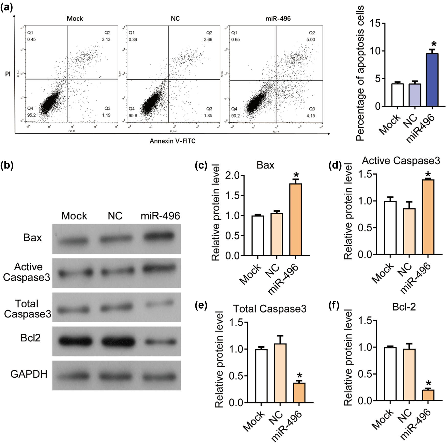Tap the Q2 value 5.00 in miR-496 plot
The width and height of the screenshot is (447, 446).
click(311, 40)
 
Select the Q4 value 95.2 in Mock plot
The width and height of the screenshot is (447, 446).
click(32, 115)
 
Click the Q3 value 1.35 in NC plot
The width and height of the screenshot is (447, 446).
click(208, 116)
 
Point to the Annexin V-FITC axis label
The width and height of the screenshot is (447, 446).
click(172, 141)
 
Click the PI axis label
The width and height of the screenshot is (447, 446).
click(8, 75)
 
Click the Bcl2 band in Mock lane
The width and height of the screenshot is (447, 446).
click(74, 341)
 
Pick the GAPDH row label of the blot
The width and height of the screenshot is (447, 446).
click(29, 374)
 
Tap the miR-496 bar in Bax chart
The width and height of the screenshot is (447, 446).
click(296, 220)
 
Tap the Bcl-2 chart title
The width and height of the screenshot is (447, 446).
click(404, 307)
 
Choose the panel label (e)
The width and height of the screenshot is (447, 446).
click(201, 305)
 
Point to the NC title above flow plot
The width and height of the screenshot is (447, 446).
click(175, 19)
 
